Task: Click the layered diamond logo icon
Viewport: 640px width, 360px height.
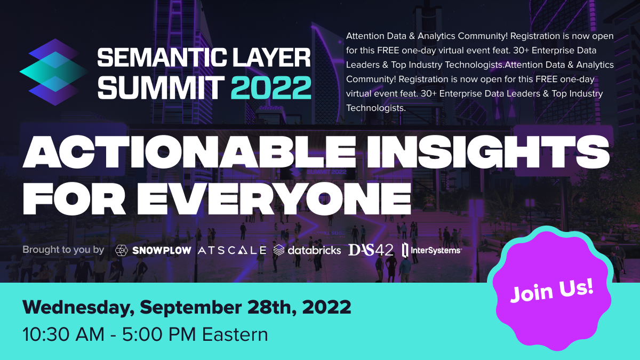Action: pos(54,72)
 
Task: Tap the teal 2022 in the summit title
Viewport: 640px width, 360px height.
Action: pos(271,87)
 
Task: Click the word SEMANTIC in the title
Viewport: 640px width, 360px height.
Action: pos(162,58)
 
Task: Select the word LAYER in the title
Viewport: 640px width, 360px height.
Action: pos(271,58)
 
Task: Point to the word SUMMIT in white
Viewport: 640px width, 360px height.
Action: pos(161,87)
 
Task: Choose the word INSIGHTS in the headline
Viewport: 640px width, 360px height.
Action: pos(488,151)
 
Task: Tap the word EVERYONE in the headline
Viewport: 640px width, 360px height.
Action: pos(274,198)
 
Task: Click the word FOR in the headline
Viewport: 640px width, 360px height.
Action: pos(74,198)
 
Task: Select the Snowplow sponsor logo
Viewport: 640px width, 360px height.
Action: pos(153,251)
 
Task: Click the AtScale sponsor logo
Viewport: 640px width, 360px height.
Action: pos(232,251)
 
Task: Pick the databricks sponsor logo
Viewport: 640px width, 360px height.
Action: pos(307,250)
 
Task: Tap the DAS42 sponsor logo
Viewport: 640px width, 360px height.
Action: pos(371,250)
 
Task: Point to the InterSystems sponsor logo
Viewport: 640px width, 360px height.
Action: pos(431,250)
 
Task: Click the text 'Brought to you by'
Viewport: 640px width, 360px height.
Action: pos(63,250)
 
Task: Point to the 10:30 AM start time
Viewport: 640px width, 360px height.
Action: pos(63,334)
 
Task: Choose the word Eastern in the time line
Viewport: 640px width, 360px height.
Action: pos(235,334)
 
